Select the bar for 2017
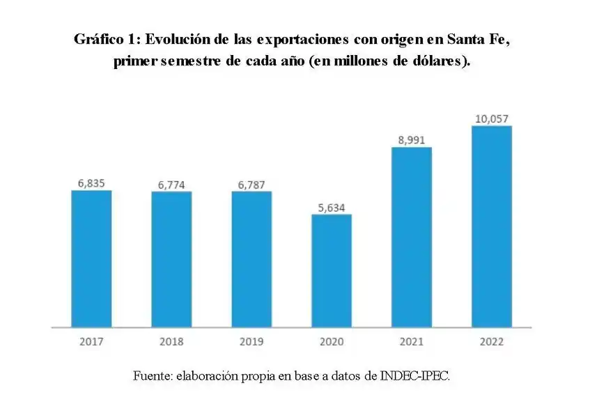click(91, 258)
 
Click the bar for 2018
click(171, 259)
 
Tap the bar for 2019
click(251, 259)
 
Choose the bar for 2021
click(412, 237)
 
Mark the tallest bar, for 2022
click(492, 226)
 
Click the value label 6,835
click(91, 183)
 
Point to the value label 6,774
click(171, 185)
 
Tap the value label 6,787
click(251, 185)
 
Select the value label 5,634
click(332, 207)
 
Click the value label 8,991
click(412, 140)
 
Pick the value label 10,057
click(492, 119)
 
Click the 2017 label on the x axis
click(91, 342)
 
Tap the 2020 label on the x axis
click(332, 342)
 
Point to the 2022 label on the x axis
click(492, 342)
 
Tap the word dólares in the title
click(440, 61)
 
